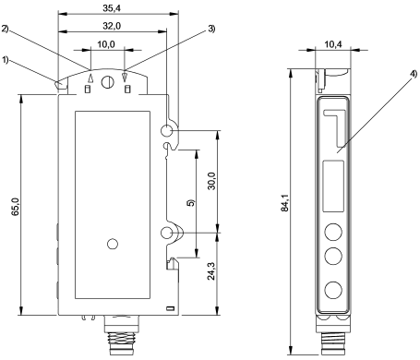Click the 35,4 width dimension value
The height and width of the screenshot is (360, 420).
[x=112, y=8]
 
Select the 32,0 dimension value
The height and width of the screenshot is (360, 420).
[x=112, y=26]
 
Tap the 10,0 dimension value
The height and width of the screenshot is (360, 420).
[x=106, y=44]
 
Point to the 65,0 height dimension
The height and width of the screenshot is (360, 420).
[x=16, y=207]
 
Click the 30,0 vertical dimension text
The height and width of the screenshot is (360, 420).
[x=212, y=181]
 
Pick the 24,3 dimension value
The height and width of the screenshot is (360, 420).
[x=212, y=271]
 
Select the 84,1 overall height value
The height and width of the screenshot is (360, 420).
[x=285, y=202]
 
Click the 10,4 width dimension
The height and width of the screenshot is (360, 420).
[x=333, y=44]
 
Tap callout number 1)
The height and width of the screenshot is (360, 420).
[x=6, y=60]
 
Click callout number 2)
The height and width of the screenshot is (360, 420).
[x=6, y=29]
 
